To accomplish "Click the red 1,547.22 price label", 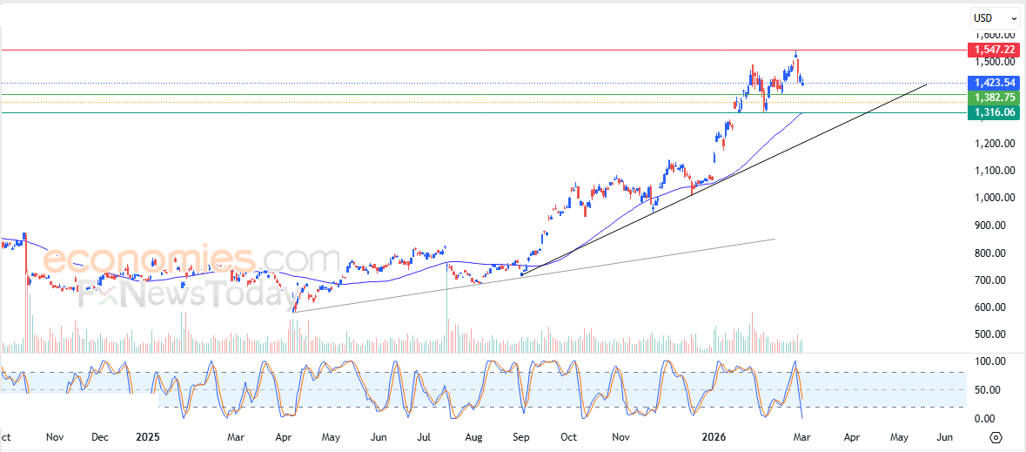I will click(x=996, y=50).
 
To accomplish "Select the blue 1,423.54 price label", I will click(x=996, y=83).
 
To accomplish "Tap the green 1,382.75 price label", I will click(x=996, y=98).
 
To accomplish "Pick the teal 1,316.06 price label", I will click(x=996, y=113).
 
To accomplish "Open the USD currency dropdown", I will click(x=996, y=17).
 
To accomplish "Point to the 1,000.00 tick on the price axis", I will click(x=996, y=198).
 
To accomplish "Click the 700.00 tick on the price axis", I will click(x=996, y=280).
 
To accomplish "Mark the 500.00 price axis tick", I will click(x=996, y=334).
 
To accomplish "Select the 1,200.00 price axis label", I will click(x=996, y=144).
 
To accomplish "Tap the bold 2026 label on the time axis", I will click(x=714, y=437).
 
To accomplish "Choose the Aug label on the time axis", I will click(x=473, y=437).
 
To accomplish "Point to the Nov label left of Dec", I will click(x=54, y=437).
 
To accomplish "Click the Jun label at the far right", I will click(x=943, y=437).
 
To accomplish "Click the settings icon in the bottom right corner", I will click(x=996, y=437).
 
